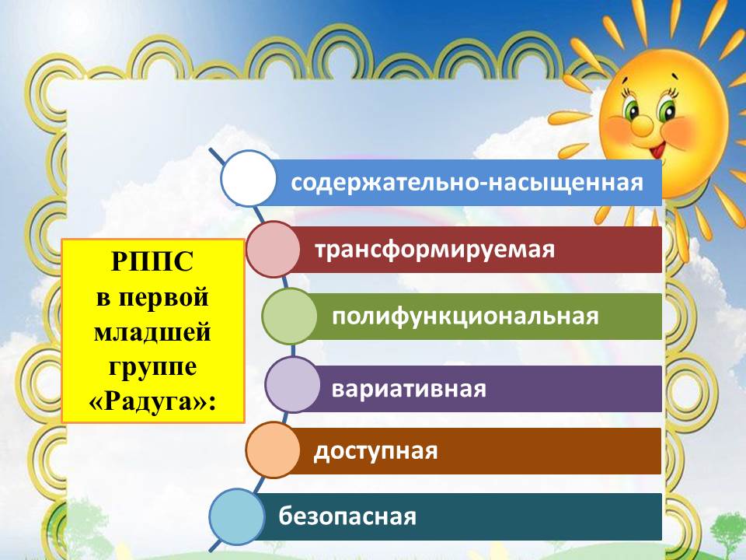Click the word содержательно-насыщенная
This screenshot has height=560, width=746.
tap(467, 183)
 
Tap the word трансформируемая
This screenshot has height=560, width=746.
tap(435, 250)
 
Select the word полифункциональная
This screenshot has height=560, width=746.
tap(465, 317)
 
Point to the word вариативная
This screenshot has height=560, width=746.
tap(409, 389)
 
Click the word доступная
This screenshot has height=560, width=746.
tap(375, 451)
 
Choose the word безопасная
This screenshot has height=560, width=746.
tap(347, 516)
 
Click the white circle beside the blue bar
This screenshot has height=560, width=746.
tap(249, 179)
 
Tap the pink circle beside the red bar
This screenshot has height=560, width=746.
tap(273, 250)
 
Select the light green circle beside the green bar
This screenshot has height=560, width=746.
tap(289, 317)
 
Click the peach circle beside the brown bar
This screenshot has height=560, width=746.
tap(273, 450)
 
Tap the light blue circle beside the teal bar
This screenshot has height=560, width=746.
tap(237, 516)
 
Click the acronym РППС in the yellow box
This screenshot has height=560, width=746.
tap(152, 261)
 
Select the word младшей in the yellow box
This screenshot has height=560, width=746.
tap(152, 331)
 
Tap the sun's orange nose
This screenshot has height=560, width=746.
tap(642, 124)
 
